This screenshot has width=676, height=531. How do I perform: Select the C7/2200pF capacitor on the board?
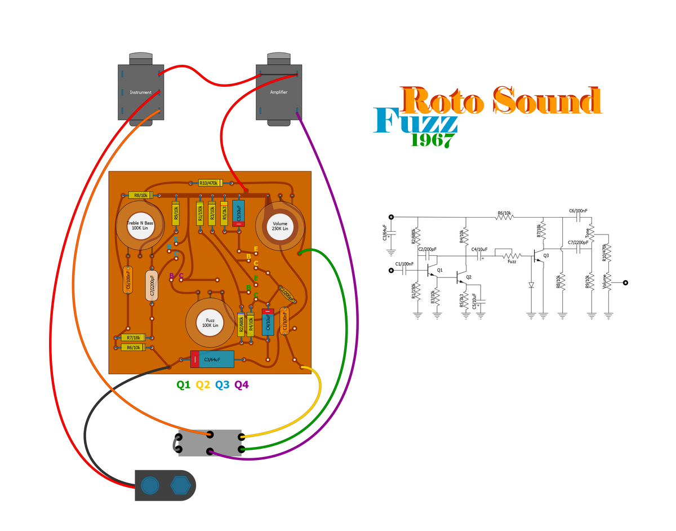[152, 285]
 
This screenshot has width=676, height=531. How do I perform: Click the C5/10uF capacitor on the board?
[238, 213]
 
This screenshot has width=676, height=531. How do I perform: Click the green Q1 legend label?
[183, 385]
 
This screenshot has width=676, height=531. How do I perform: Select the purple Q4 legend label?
[241, 385]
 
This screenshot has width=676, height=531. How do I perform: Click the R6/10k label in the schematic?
[504, 213]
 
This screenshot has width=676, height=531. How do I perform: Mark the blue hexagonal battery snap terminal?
[179, 485]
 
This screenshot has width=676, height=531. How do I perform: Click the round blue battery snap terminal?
[149, 485]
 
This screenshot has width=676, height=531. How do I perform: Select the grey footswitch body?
[210, 443]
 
